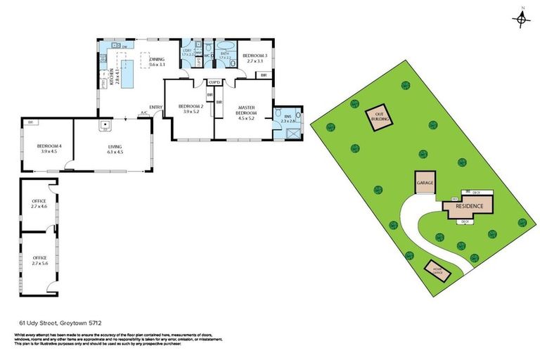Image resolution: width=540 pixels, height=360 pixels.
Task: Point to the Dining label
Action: (x=157, y=60)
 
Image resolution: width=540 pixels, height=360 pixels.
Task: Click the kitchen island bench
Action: (x=129, y=74)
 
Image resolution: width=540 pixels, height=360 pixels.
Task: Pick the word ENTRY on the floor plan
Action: (x=155, y=107)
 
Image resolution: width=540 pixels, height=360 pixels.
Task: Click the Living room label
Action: (x=115, y=146)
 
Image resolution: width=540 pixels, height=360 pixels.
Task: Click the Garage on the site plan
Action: (x=425, y=184)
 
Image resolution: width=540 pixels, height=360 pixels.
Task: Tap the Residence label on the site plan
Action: (x=469, y=206)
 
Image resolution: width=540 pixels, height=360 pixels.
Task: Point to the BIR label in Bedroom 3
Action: (x=264, y=75)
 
